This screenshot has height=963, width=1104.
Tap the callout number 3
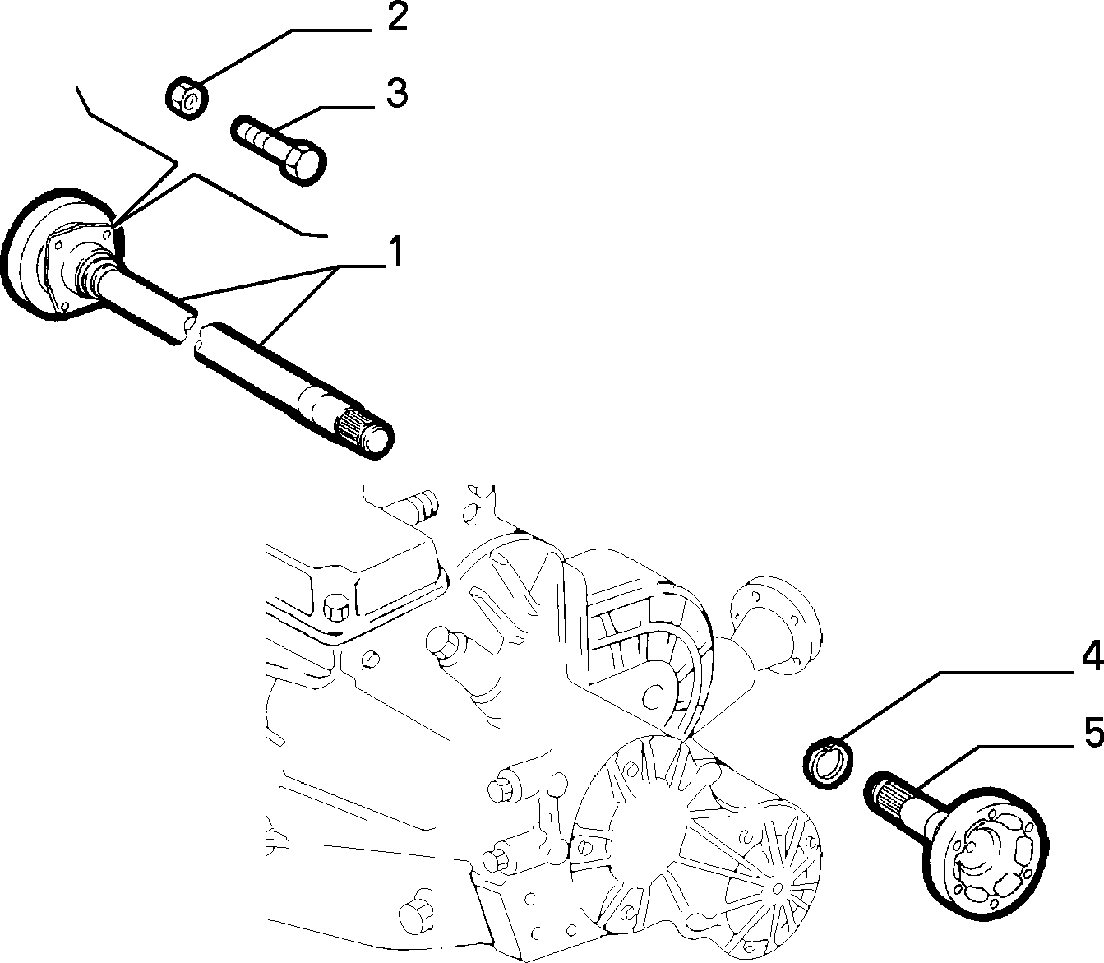tap(396, 93)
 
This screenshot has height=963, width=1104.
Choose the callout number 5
tap(1093, 734)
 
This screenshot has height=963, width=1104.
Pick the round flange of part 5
tap(986, 868)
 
